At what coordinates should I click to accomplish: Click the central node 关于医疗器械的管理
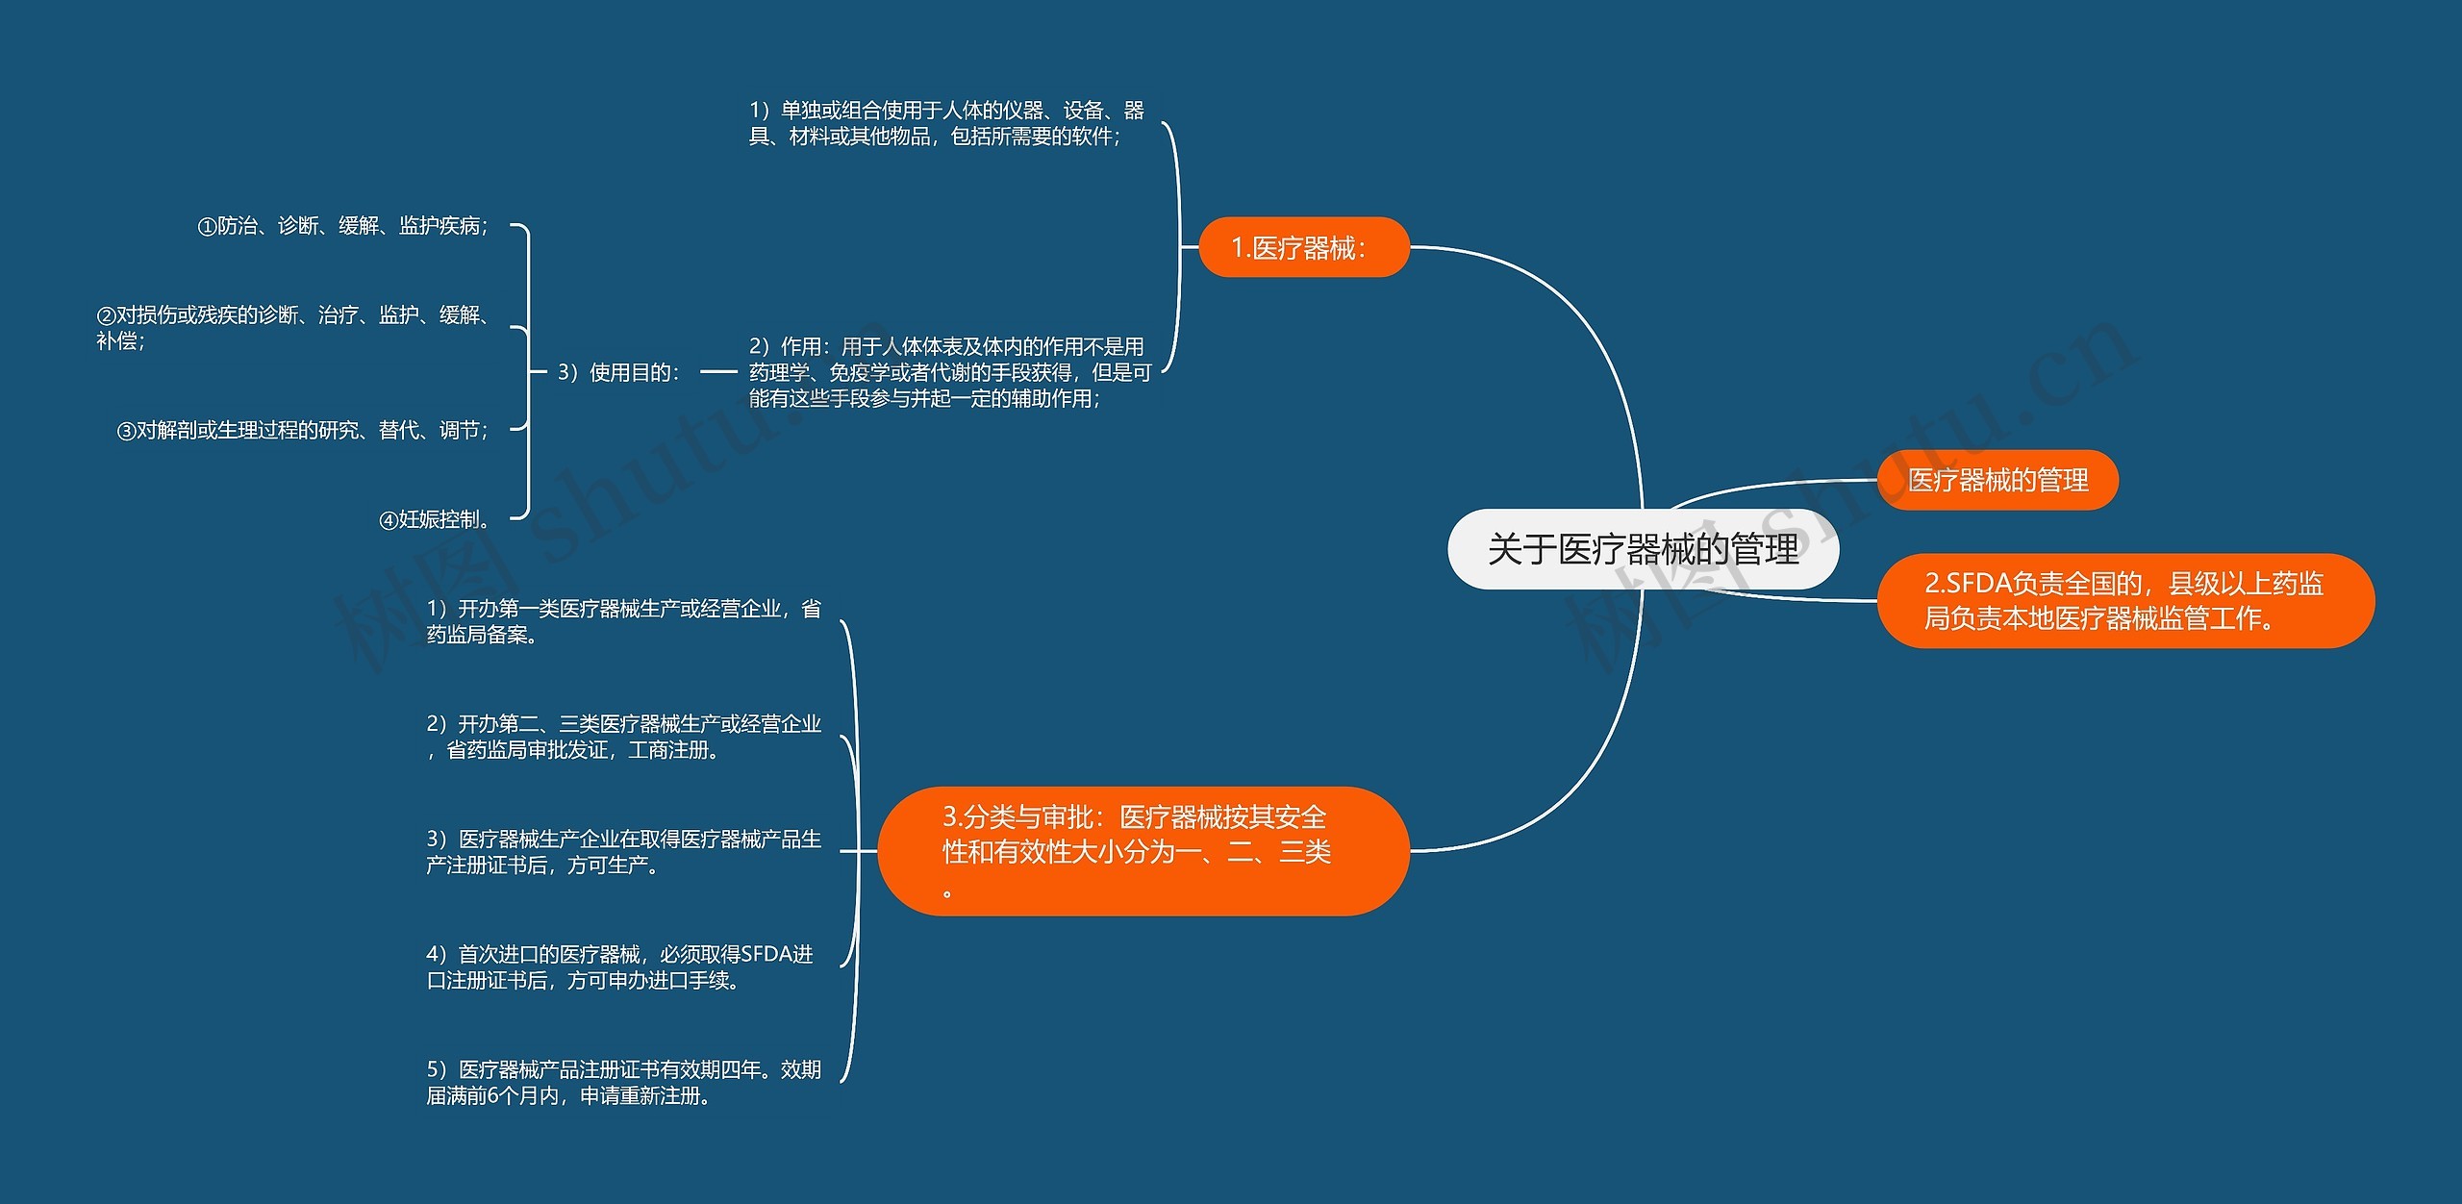click(1643, 549)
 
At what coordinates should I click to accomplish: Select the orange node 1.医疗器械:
click(1303, 248)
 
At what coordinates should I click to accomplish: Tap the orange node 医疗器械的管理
click(1997, 480)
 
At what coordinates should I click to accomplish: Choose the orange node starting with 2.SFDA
click(2124, 601)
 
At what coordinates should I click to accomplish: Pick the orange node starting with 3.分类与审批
click(1143, 851)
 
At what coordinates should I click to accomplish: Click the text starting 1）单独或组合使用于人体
click(946, 123)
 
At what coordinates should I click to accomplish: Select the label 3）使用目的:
click(618, 372)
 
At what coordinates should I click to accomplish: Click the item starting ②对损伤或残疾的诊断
click(293, 327)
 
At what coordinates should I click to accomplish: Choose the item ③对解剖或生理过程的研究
click(303, 430)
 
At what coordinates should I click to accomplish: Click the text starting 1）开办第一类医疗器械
click(623, 621)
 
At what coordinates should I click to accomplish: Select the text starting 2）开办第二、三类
click(623, 737)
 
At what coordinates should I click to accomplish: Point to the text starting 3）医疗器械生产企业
click(623, 852)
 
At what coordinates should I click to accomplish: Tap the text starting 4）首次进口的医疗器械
click(620, 966)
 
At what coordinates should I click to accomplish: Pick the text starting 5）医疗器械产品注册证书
click(623, 1082)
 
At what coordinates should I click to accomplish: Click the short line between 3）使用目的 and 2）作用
click(718, 371)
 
